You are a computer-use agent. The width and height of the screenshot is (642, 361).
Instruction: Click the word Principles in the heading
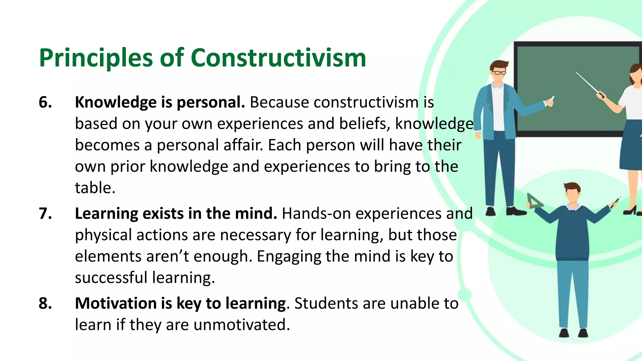pos(96,59)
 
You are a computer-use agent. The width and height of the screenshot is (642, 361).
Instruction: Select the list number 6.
pos(45,102)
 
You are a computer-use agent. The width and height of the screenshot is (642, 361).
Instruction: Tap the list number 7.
pos(45,214)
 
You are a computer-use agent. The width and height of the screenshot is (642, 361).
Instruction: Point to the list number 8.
pos(45,303)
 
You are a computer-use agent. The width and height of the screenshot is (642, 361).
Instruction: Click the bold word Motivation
pos(116,303)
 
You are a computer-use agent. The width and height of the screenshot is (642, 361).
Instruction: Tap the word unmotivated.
pos(242,325)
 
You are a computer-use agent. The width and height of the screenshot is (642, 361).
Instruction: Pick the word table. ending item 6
pos(95,188)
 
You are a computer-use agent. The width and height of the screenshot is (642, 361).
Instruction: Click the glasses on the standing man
pos(499,73)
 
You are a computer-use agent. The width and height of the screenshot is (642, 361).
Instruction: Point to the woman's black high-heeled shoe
pos(631,211)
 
